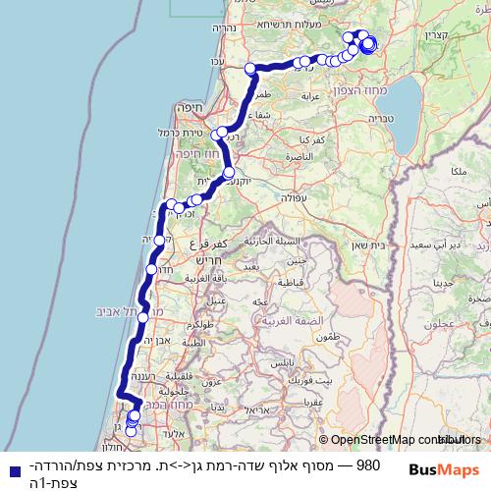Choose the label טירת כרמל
tap(179, 133)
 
